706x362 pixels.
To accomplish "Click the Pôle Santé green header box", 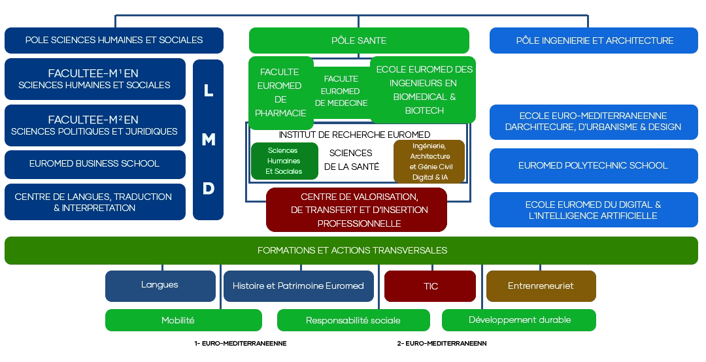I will point(359,41).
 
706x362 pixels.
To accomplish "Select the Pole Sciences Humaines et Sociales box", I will point(114,40).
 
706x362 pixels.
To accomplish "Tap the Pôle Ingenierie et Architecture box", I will point(594,41).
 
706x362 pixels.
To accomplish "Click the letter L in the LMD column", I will point(208,91).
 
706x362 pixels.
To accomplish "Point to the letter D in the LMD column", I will point(208,189).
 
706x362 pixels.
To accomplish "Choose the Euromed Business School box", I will point(95,163).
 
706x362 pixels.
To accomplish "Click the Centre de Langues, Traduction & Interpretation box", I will point(95,202).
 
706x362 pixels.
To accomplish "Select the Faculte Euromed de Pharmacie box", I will point(280,92).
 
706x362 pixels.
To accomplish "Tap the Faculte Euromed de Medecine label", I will point(341,91).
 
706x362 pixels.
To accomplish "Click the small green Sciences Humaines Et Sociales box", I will point(284,161).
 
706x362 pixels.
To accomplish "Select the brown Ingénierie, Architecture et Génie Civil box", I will point(429,161).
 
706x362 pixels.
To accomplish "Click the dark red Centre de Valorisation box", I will point(356,210).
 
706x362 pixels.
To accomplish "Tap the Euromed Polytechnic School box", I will point(593,165).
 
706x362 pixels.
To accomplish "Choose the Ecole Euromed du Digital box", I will point(593,210).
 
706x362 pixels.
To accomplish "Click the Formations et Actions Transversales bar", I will point(352,250).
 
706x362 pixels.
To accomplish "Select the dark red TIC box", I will point(429,286).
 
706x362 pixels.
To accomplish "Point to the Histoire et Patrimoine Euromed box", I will point(298,286).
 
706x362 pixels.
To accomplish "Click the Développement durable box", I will point(519,320).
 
